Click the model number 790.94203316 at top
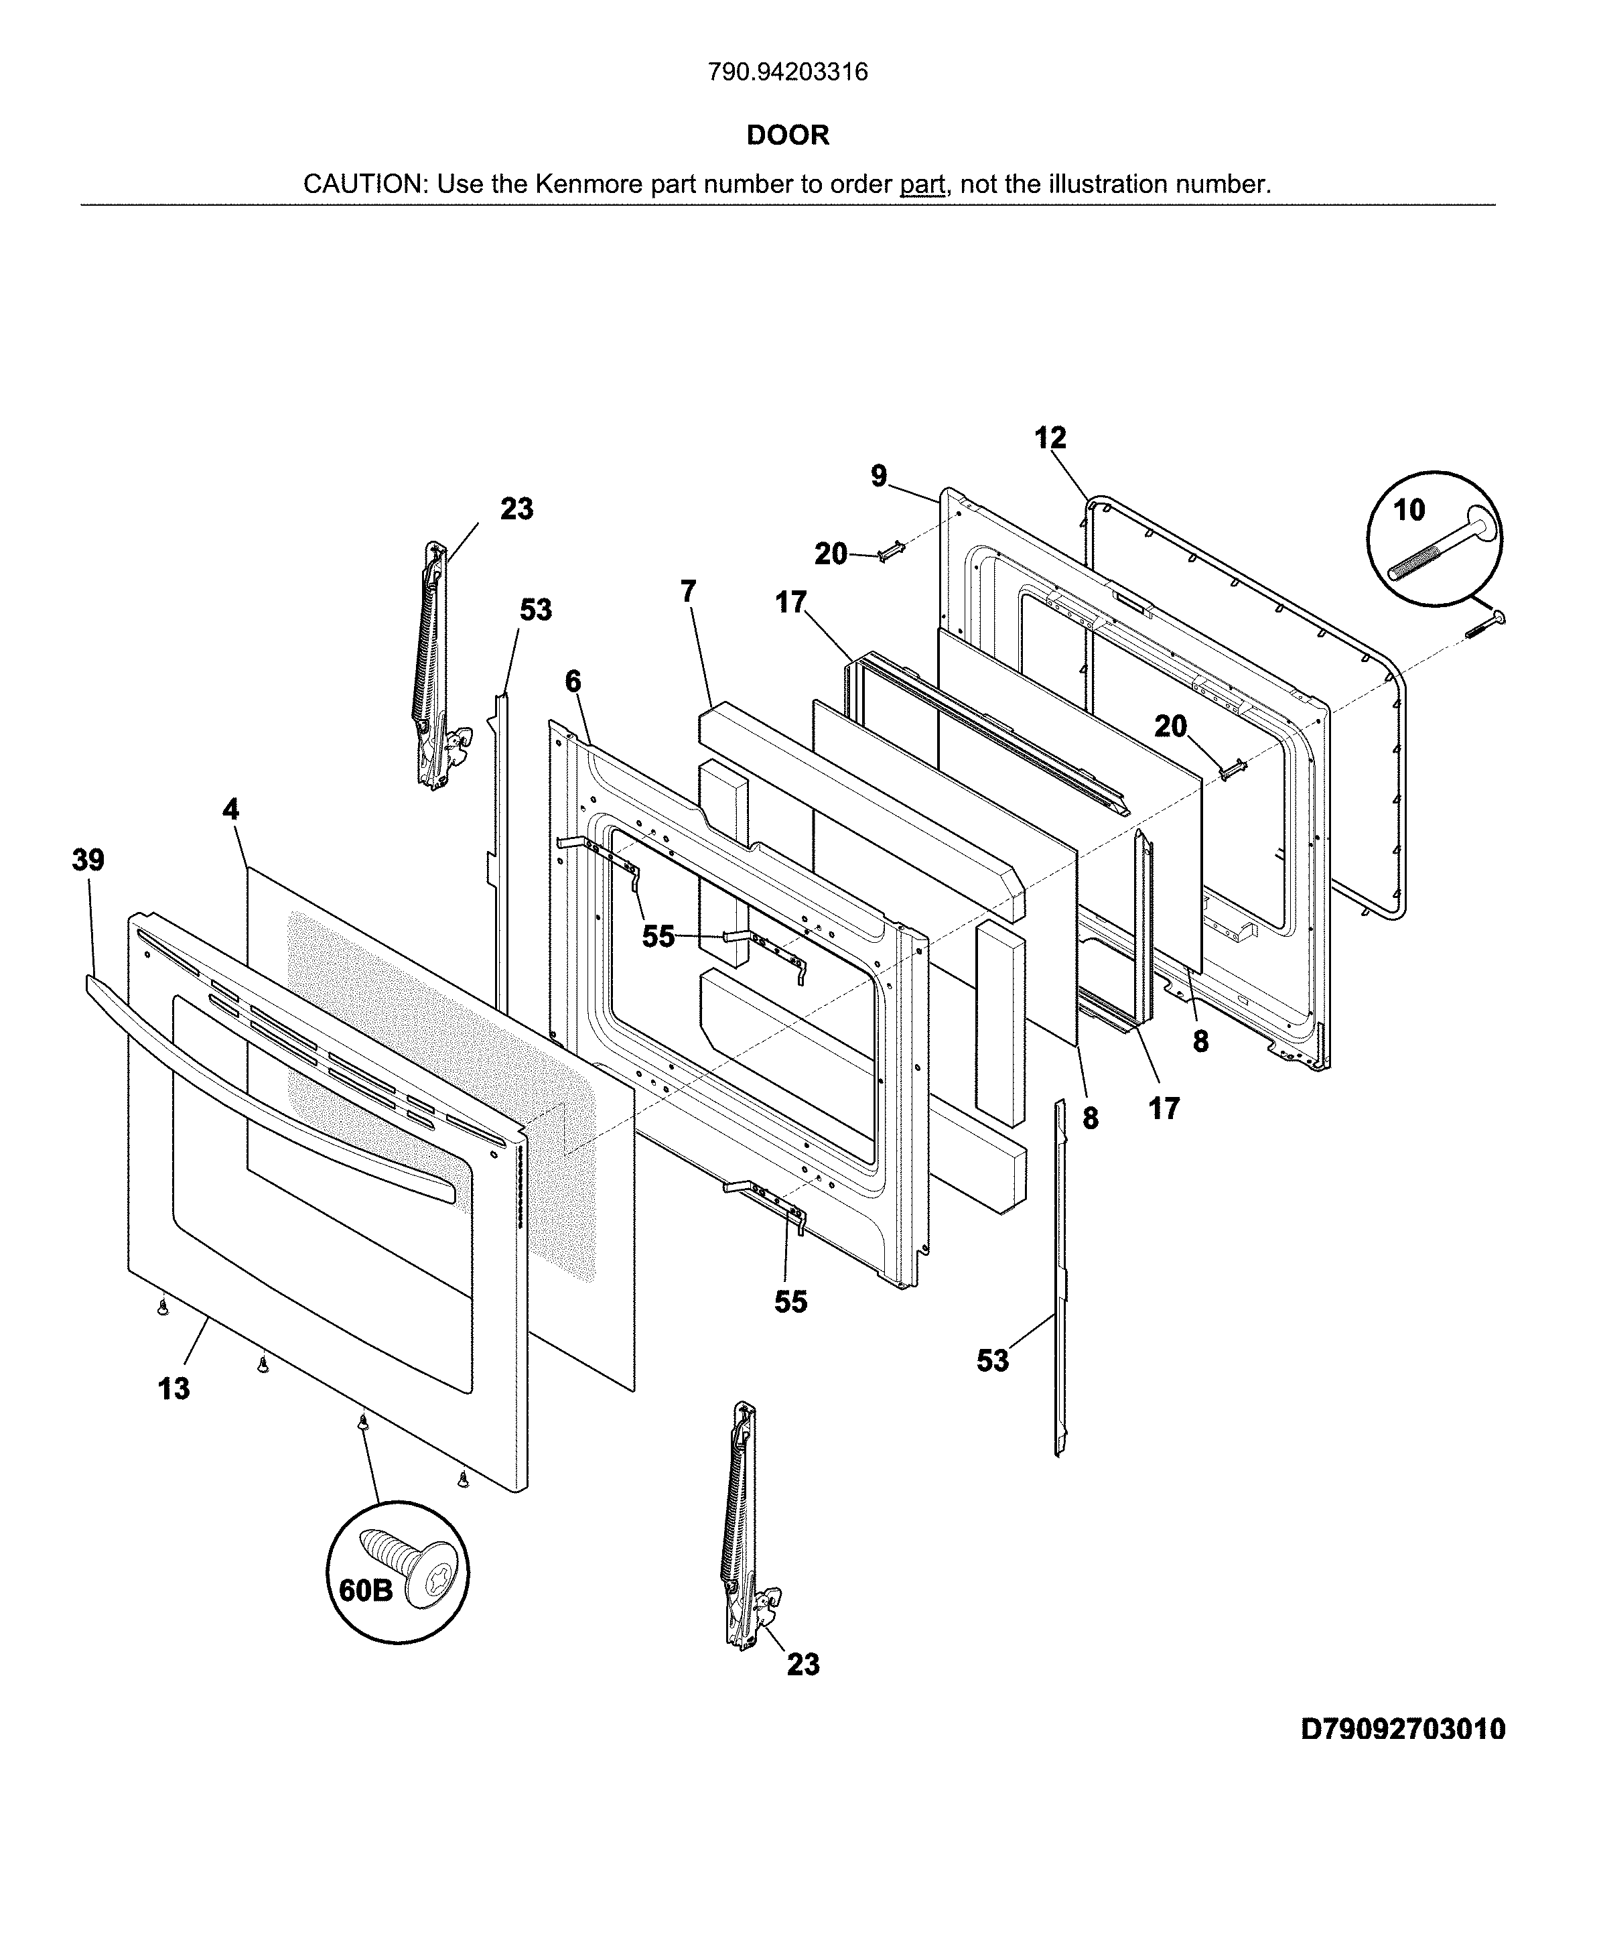pos(788,72)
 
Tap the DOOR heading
pos(788,135)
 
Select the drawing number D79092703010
pos(1403,1729)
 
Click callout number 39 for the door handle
pos(88,860)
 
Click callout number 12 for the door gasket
pos(1050,438)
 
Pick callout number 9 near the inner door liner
pos(879,476)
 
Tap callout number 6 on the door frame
pos(573,682)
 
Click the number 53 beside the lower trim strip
pos(993,1360)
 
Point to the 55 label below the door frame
pos(790,1301)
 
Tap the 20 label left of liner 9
pos(831,554)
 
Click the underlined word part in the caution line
pos(922,184)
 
